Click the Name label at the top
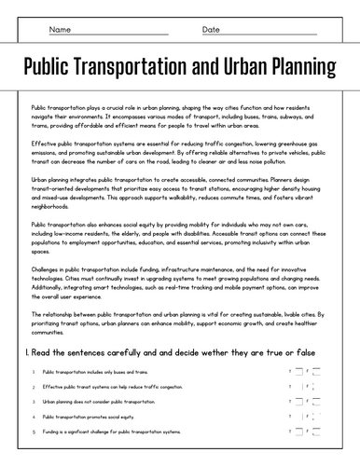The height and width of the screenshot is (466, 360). tap(59, 30)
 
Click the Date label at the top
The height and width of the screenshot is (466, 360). tap(212, 30)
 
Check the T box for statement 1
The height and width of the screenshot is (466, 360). tap(298, 371)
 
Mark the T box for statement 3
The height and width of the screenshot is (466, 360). tap(298, 402)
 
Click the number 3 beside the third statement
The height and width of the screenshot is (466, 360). tap(33, 402)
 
